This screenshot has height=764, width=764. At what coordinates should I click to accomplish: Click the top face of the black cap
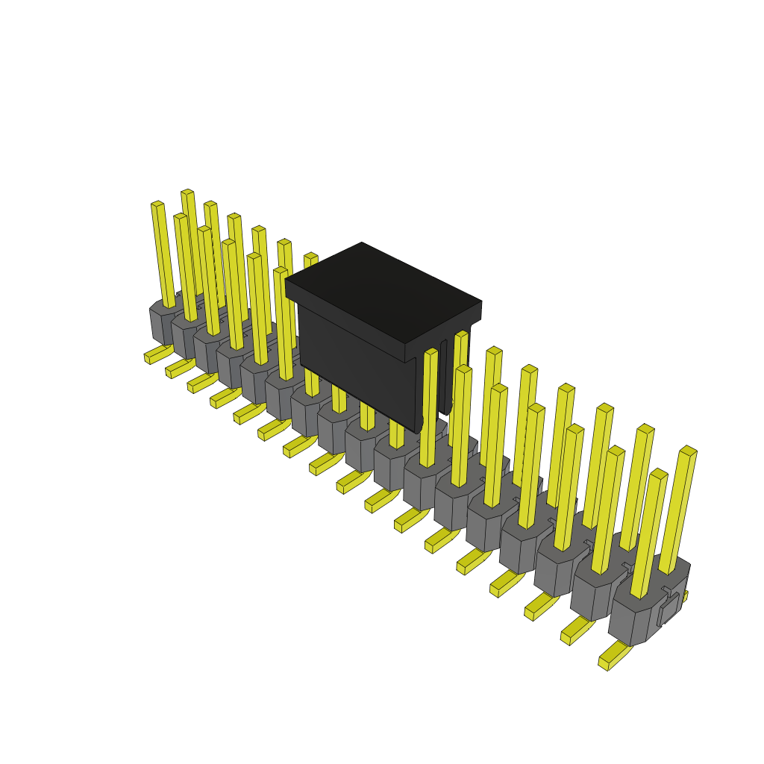[382, 291]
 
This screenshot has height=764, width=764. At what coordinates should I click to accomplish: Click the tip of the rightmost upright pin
[688, 451]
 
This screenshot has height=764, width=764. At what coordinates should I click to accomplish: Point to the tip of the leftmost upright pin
[157, 204]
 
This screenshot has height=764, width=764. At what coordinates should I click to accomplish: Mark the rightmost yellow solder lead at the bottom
[613, 657]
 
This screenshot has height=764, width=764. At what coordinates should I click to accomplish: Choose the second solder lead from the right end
[576, 631]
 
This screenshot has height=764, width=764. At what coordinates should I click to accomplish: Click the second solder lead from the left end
[179, 369]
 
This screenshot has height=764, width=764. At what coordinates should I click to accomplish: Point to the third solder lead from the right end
[540, 607]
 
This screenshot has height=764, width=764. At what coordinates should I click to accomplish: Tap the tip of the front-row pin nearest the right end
[658, 474]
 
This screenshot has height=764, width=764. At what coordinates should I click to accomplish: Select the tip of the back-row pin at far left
[187, 193]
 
